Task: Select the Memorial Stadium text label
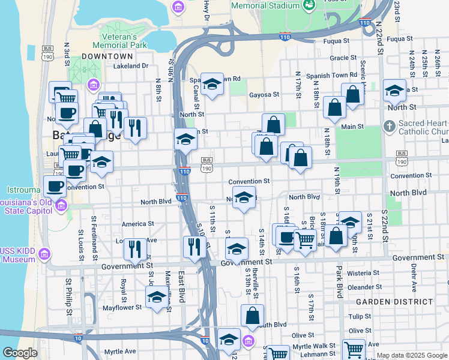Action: point(265,5)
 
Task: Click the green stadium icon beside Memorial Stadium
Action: point(309,5)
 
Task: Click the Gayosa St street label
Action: point(264,94)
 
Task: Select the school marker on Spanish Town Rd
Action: point(211,85)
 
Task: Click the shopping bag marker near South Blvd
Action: point(253,316)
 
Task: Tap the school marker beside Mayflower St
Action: point(157,297)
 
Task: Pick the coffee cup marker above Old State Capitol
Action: point(55,186)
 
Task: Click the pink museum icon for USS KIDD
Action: point(43,255)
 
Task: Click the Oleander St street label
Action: point(361,287)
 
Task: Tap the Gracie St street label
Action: point(343,58)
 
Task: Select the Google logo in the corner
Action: point(20,353)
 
